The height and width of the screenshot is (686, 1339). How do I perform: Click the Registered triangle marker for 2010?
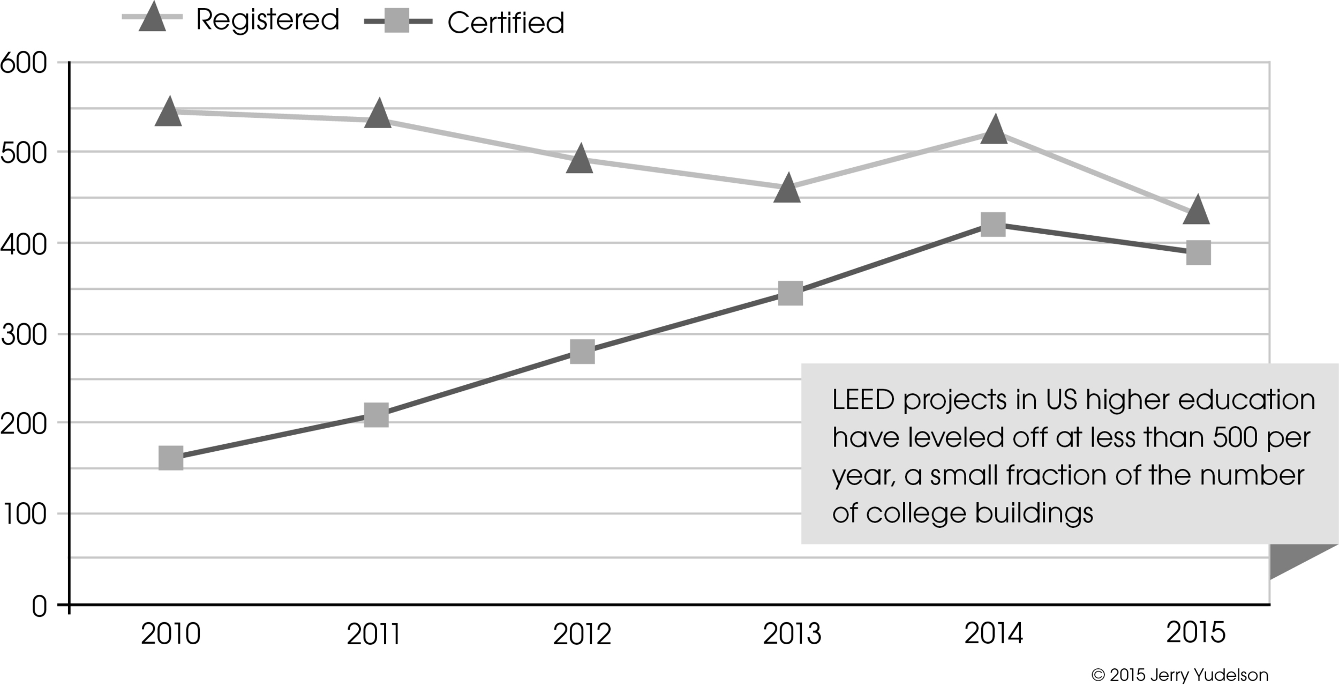(169, 113)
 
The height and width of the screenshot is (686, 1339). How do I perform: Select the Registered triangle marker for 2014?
(994, 130)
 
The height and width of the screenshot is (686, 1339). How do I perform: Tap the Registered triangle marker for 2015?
(1196, 211)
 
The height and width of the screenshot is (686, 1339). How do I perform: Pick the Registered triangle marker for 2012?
(580, 160)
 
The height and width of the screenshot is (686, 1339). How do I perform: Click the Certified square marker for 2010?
(171, 458)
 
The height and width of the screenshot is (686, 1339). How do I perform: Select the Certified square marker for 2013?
(790, 293)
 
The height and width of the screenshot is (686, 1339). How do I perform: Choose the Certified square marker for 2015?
(1198, 252)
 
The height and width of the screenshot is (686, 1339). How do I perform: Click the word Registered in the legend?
(267, 20)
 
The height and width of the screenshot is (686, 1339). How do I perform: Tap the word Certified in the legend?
(506, 23)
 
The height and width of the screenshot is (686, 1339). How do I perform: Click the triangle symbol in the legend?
(152, 18)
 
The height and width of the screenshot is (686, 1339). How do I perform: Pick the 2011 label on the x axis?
(373, 635)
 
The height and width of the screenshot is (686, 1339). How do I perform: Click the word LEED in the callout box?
(863, 400)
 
